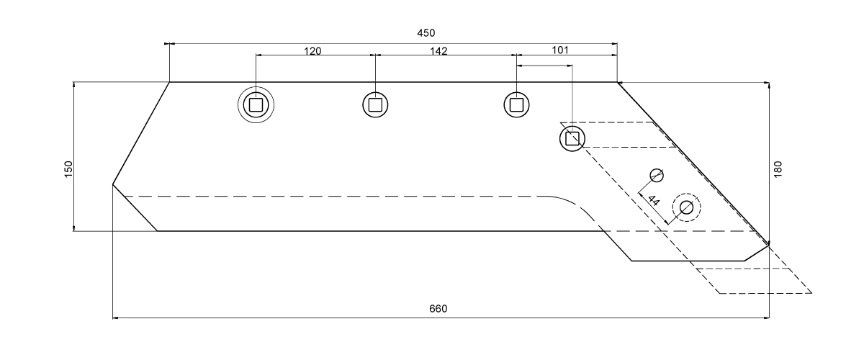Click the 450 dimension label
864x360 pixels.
coord(427,33)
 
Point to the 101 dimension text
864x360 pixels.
coord(560,50)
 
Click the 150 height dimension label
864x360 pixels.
coord(69,169)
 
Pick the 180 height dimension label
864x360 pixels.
coord(778,169)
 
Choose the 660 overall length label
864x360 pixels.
coord(438,308)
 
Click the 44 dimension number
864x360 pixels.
coord(654,199)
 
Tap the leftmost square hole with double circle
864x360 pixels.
coord(256,105)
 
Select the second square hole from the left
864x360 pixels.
coord(375,104)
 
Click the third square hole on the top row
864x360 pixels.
coord(516,104)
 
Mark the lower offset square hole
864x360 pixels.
coord(572,138)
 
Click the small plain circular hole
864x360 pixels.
coord(656,175)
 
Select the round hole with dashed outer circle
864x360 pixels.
coord(685,207)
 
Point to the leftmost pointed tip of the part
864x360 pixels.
coord(113,185)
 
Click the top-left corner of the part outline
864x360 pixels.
coord(170,82)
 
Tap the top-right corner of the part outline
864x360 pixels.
coord(617,82)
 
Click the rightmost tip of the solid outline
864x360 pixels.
coord(769,245)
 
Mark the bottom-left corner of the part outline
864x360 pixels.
coord(158,231)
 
